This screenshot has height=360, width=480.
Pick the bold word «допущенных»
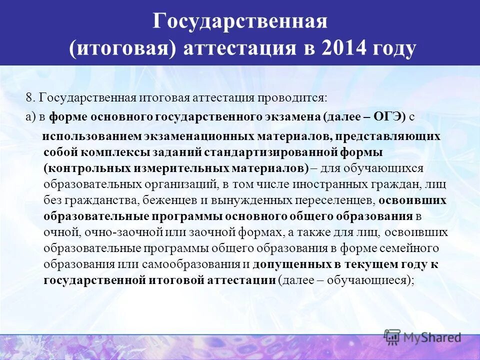(x=289, y=264)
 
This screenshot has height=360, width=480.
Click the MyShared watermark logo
(x=422, y=337)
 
